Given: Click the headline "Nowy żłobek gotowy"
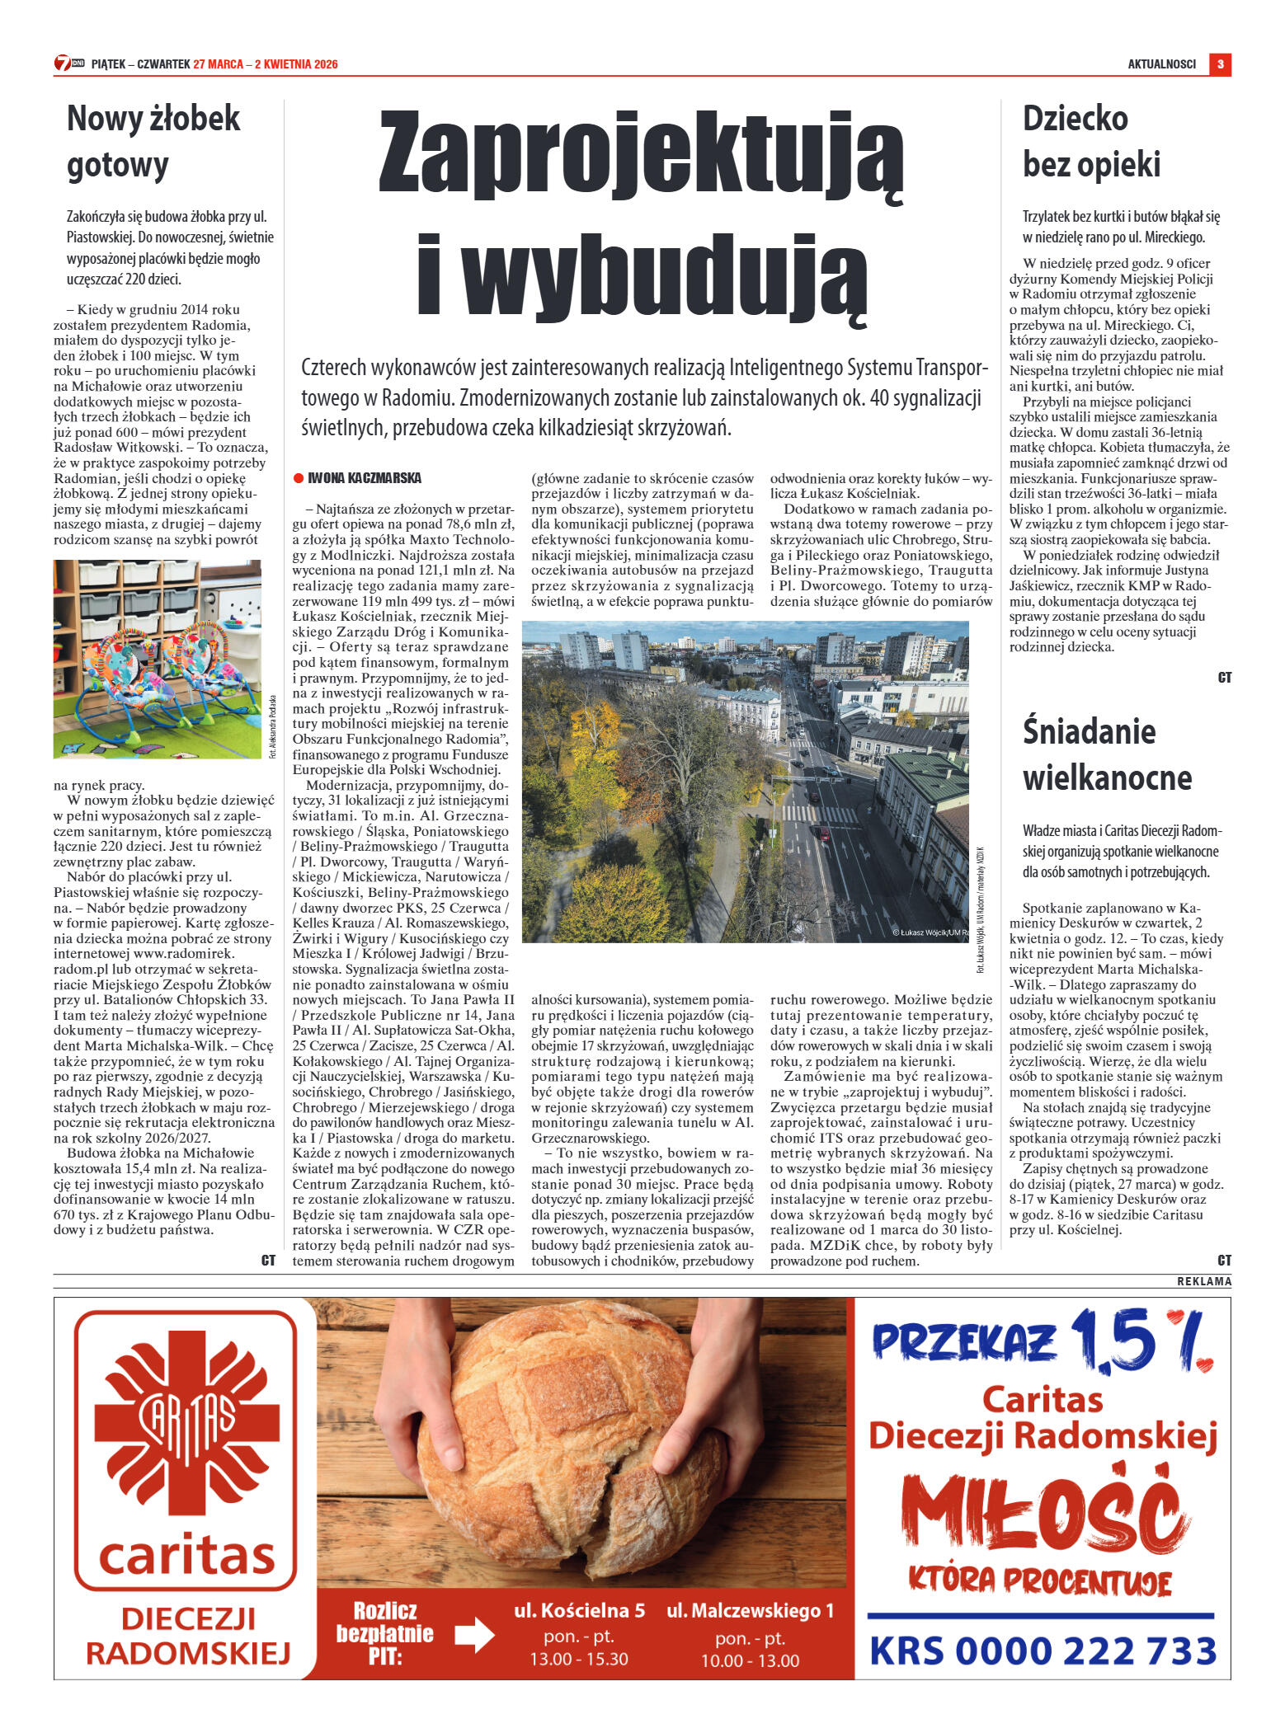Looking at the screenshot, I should [153, 141].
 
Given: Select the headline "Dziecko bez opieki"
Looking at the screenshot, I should [1091, 141].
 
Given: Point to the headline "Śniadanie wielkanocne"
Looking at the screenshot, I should [1107, 754].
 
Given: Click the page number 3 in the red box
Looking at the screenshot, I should [1220, 64].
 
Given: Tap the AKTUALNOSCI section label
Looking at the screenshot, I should [1161, 64].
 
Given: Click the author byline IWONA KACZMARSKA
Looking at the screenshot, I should [364, 478].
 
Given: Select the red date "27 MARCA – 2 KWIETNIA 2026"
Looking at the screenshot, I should [265, 64].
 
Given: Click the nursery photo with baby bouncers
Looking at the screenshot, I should [158, 659].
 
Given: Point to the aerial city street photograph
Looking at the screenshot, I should [746, 781].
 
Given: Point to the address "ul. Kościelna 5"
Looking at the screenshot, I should [579, 1609].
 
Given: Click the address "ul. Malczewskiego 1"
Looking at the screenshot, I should [750, 1609].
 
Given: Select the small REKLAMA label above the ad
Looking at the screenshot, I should [1203, 1281].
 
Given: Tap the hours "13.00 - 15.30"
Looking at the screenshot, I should [579, 1659].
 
